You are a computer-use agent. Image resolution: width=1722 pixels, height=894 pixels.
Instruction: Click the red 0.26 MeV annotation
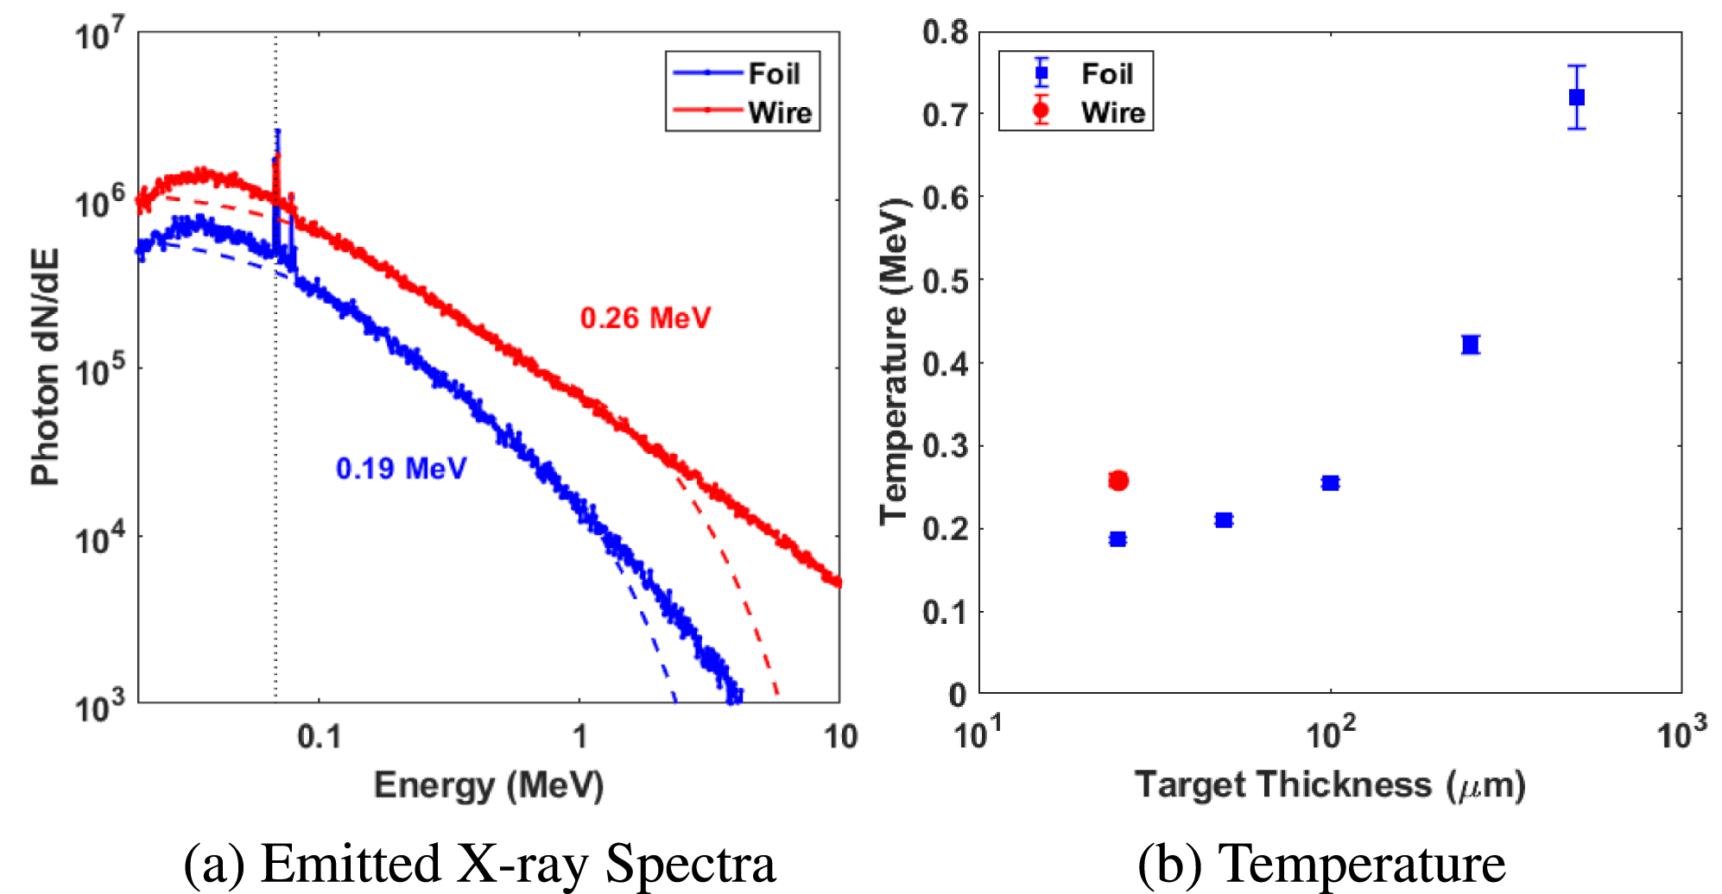click(645, 318)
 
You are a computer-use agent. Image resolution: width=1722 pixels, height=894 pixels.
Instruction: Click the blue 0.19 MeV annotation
click(401, 469)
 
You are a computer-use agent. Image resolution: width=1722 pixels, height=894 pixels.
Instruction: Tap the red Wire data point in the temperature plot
click(1118, 481)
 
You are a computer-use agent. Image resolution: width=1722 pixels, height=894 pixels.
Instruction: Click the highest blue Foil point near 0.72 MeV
click(1577, 98)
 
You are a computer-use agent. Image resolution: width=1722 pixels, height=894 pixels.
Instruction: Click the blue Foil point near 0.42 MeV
click(1471, 345)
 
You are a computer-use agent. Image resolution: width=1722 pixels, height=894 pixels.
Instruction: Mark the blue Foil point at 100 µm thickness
click(1330, 483)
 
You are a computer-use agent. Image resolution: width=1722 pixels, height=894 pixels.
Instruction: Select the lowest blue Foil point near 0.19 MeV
click(1118, 539)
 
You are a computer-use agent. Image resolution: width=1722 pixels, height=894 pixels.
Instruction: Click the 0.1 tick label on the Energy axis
click(319, 737)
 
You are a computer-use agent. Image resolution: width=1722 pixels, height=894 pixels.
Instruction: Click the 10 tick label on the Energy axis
click(839, 737)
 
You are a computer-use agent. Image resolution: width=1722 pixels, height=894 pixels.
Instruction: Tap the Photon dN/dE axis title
click(45, 367)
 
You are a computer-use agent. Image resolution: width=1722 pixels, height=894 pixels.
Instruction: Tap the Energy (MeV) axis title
click(488, 785)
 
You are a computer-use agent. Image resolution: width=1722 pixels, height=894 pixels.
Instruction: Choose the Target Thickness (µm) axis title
click(1330, 785)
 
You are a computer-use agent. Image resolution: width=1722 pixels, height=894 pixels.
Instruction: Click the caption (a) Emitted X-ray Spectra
click(479, 864)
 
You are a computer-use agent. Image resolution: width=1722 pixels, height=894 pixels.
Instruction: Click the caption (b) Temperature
click(1321, 864)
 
